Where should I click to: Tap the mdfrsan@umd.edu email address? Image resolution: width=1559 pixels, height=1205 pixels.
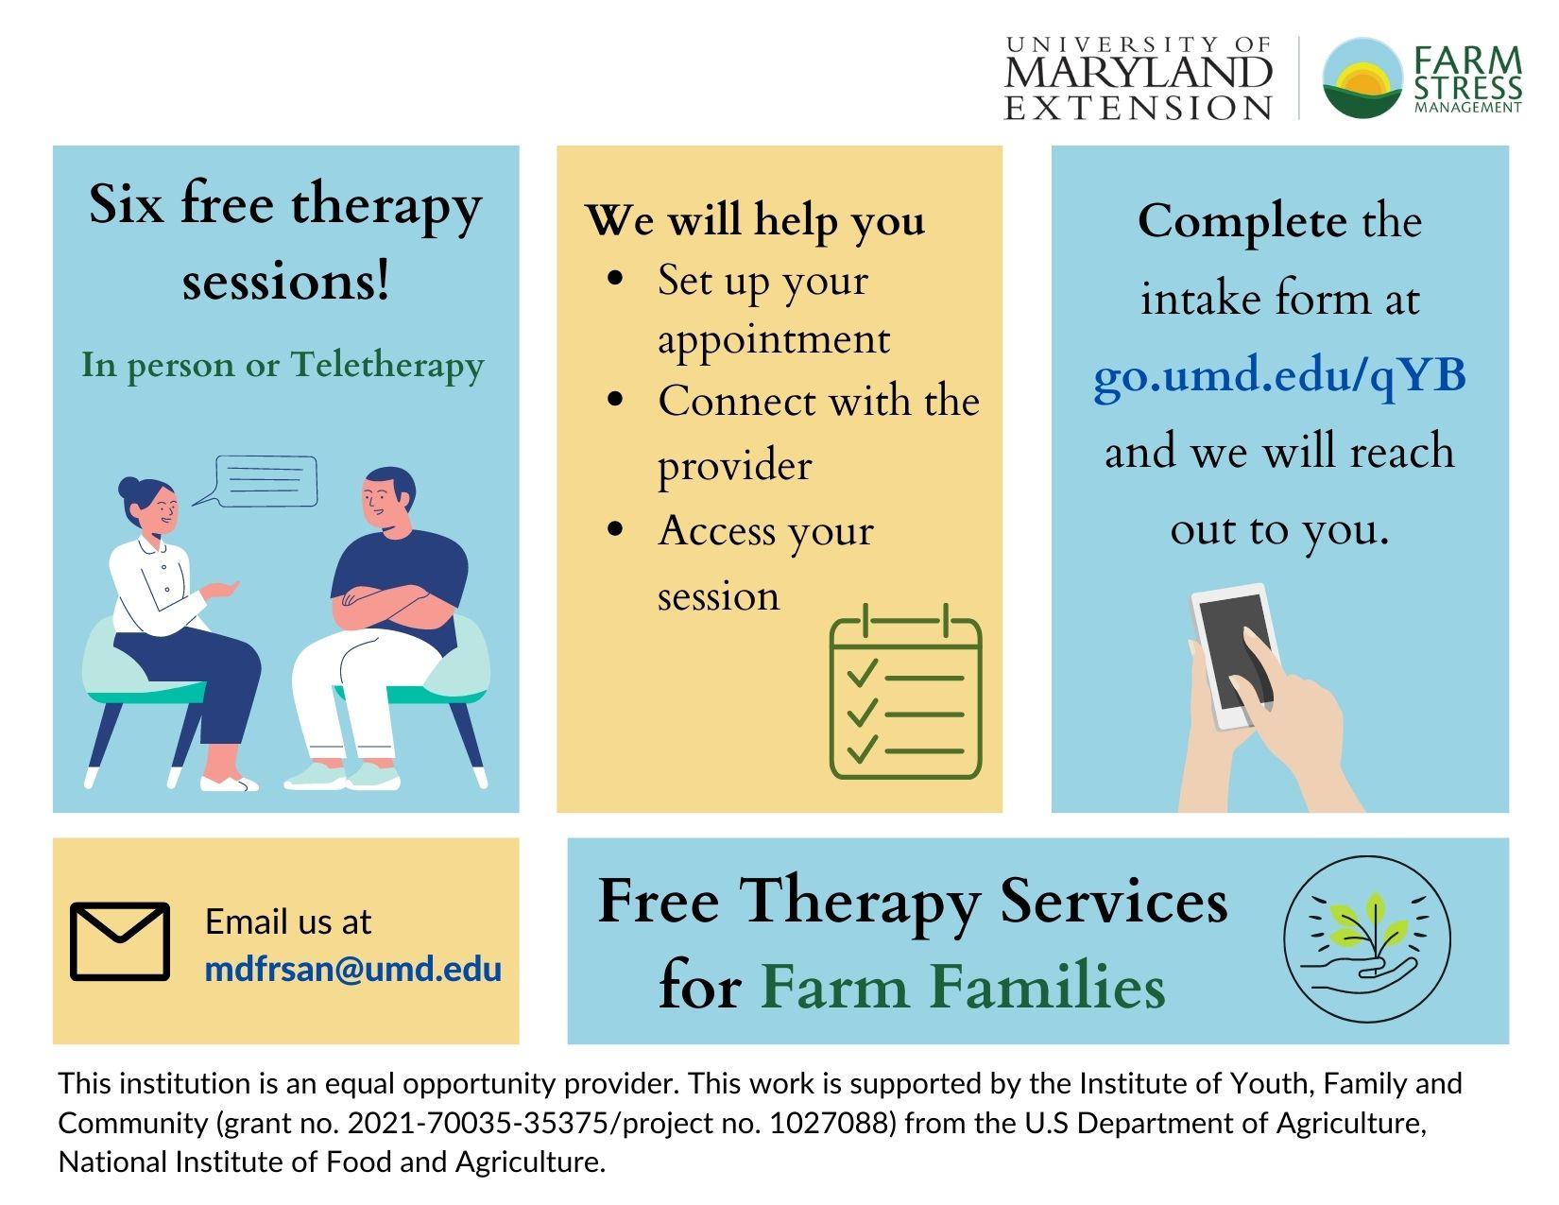click(x=353, y=970)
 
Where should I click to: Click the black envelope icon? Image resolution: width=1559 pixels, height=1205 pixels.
click(x=120, y=941)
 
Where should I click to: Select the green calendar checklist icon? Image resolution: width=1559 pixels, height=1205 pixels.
click(x=905, y=691)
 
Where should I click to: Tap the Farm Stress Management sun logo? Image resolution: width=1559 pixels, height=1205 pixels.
click(x=1362, y=77)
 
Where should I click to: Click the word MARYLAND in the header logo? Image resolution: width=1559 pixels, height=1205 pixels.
click(x=1138, y=73)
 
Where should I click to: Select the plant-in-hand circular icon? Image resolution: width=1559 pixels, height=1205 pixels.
click(x=1367, y=938)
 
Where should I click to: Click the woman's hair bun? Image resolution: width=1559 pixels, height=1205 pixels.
click(x=129, y=488)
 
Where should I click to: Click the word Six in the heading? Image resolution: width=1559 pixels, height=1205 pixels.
click(x=126, y=204)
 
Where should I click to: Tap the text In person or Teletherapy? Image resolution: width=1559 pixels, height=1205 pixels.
click(x=283, y=366)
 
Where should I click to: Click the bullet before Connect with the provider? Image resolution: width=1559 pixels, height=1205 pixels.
click(x=615, y=399)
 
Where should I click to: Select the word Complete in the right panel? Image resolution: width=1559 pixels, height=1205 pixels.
click(x=1242, y=222)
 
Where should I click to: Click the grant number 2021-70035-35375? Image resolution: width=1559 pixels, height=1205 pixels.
click(x=478, y=1123)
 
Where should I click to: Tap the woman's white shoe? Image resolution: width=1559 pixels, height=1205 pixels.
click(x=229, y=783)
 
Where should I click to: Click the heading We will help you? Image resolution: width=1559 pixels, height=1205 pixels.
click(x=755, y=220)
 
